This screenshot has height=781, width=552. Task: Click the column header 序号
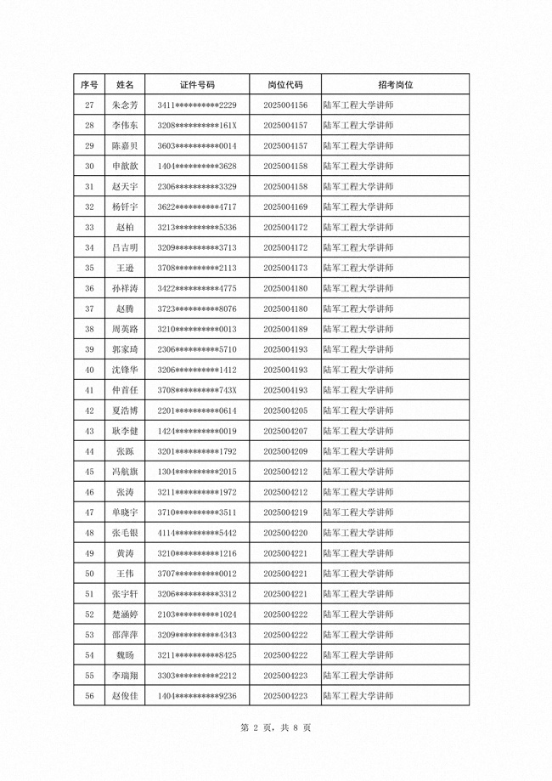[x=89, y=85]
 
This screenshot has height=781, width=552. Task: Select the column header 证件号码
[x=197, y=85]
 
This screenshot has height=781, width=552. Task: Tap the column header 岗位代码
[x=285, y=85]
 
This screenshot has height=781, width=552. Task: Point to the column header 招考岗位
[x=395, y=85]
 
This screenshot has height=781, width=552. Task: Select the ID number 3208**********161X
[x=197, y=126]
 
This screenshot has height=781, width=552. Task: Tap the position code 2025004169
[x=285, y=207]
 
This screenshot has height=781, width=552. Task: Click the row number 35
[x=89, y=269]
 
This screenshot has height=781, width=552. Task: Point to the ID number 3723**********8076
[x=197, y=309]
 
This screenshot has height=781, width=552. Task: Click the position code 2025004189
[x=285, y=330]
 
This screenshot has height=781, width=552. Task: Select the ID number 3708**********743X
[x=197, y=391]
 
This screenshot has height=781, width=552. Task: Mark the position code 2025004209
[x=285, y=452]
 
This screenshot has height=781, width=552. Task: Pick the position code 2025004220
[x=285, y=534]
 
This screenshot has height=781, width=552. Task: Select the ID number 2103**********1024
[x=197, y=615]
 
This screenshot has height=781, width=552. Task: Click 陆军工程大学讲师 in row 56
[x=358, y=697]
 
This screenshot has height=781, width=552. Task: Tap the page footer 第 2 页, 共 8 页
[x=276, y=728]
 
